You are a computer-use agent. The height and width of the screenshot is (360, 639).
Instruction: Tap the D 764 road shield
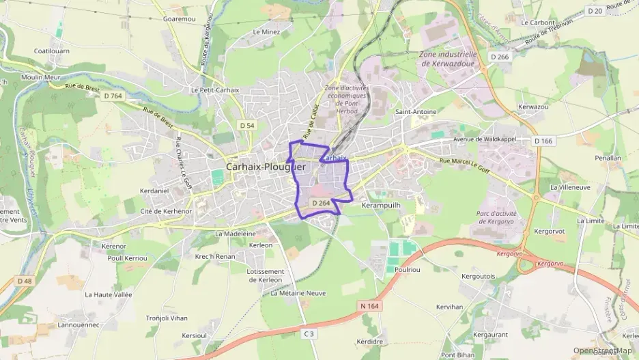tap(113, 96)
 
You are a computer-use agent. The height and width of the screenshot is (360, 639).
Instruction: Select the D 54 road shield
tap(247, 125)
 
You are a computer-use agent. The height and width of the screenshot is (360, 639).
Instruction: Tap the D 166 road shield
tap(543, 141)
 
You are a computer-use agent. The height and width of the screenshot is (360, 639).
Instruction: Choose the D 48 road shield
tap(25, 281)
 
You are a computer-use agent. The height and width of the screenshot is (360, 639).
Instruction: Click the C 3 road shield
tap(309, 333)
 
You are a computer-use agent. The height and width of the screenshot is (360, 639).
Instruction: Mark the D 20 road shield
tap(595, 10)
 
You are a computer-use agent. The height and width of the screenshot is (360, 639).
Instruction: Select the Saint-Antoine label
tap(416, 111)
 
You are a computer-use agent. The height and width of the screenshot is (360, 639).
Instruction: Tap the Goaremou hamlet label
tap(179, 18)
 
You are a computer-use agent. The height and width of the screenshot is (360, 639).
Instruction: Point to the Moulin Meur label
tap(41, 78)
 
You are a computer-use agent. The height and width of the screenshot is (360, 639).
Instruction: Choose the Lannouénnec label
tap(79, 324)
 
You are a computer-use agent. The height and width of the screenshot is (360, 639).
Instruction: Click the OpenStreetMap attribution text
tap(602, 350)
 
